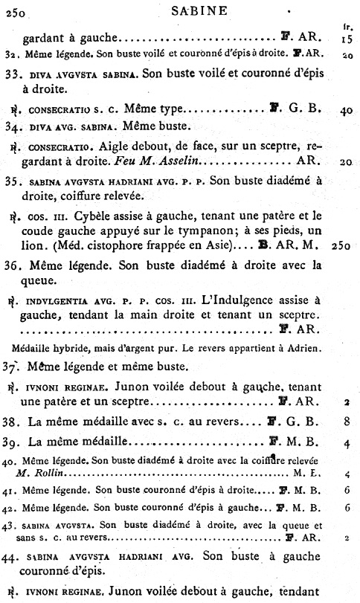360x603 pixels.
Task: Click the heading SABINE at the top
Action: [x=179, y=11]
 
